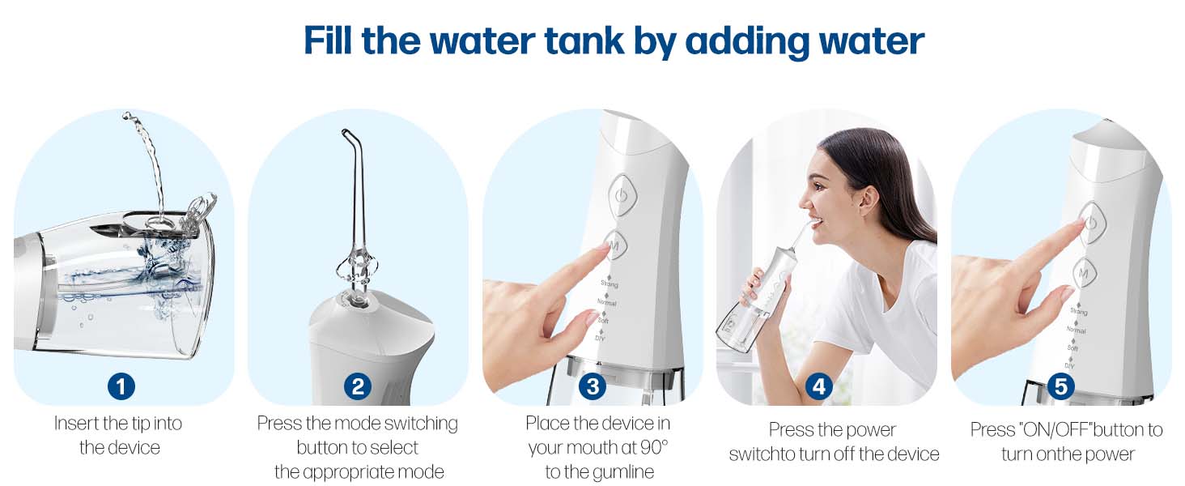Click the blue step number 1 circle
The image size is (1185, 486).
pyautogui.click(x=121, y=386)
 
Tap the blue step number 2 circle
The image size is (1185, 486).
pyautogui.click(x=357, y=386)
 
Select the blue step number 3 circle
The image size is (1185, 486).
pyautogui.click(x=592, y=386)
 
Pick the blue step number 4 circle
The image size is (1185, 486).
pyautogui.click(x=818, y=386)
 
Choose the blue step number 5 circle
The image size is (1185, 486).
pyautogui.click(x=1061, y=386)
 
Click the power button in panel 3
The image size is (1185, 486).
pyautogui.click(x=621, y=195)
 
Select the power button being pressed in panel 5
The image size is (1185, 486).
pyautogui.click(x=1090, y=222)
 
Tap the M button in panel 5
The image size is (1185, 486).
pyautogui.click(x=1083, y=273)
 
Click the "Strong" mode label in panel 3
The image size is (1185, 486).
pyautogui.click(x=609, y=284)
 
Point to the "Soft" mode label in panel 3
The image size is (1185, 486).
pyautogui.click(x=603, y=321)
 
